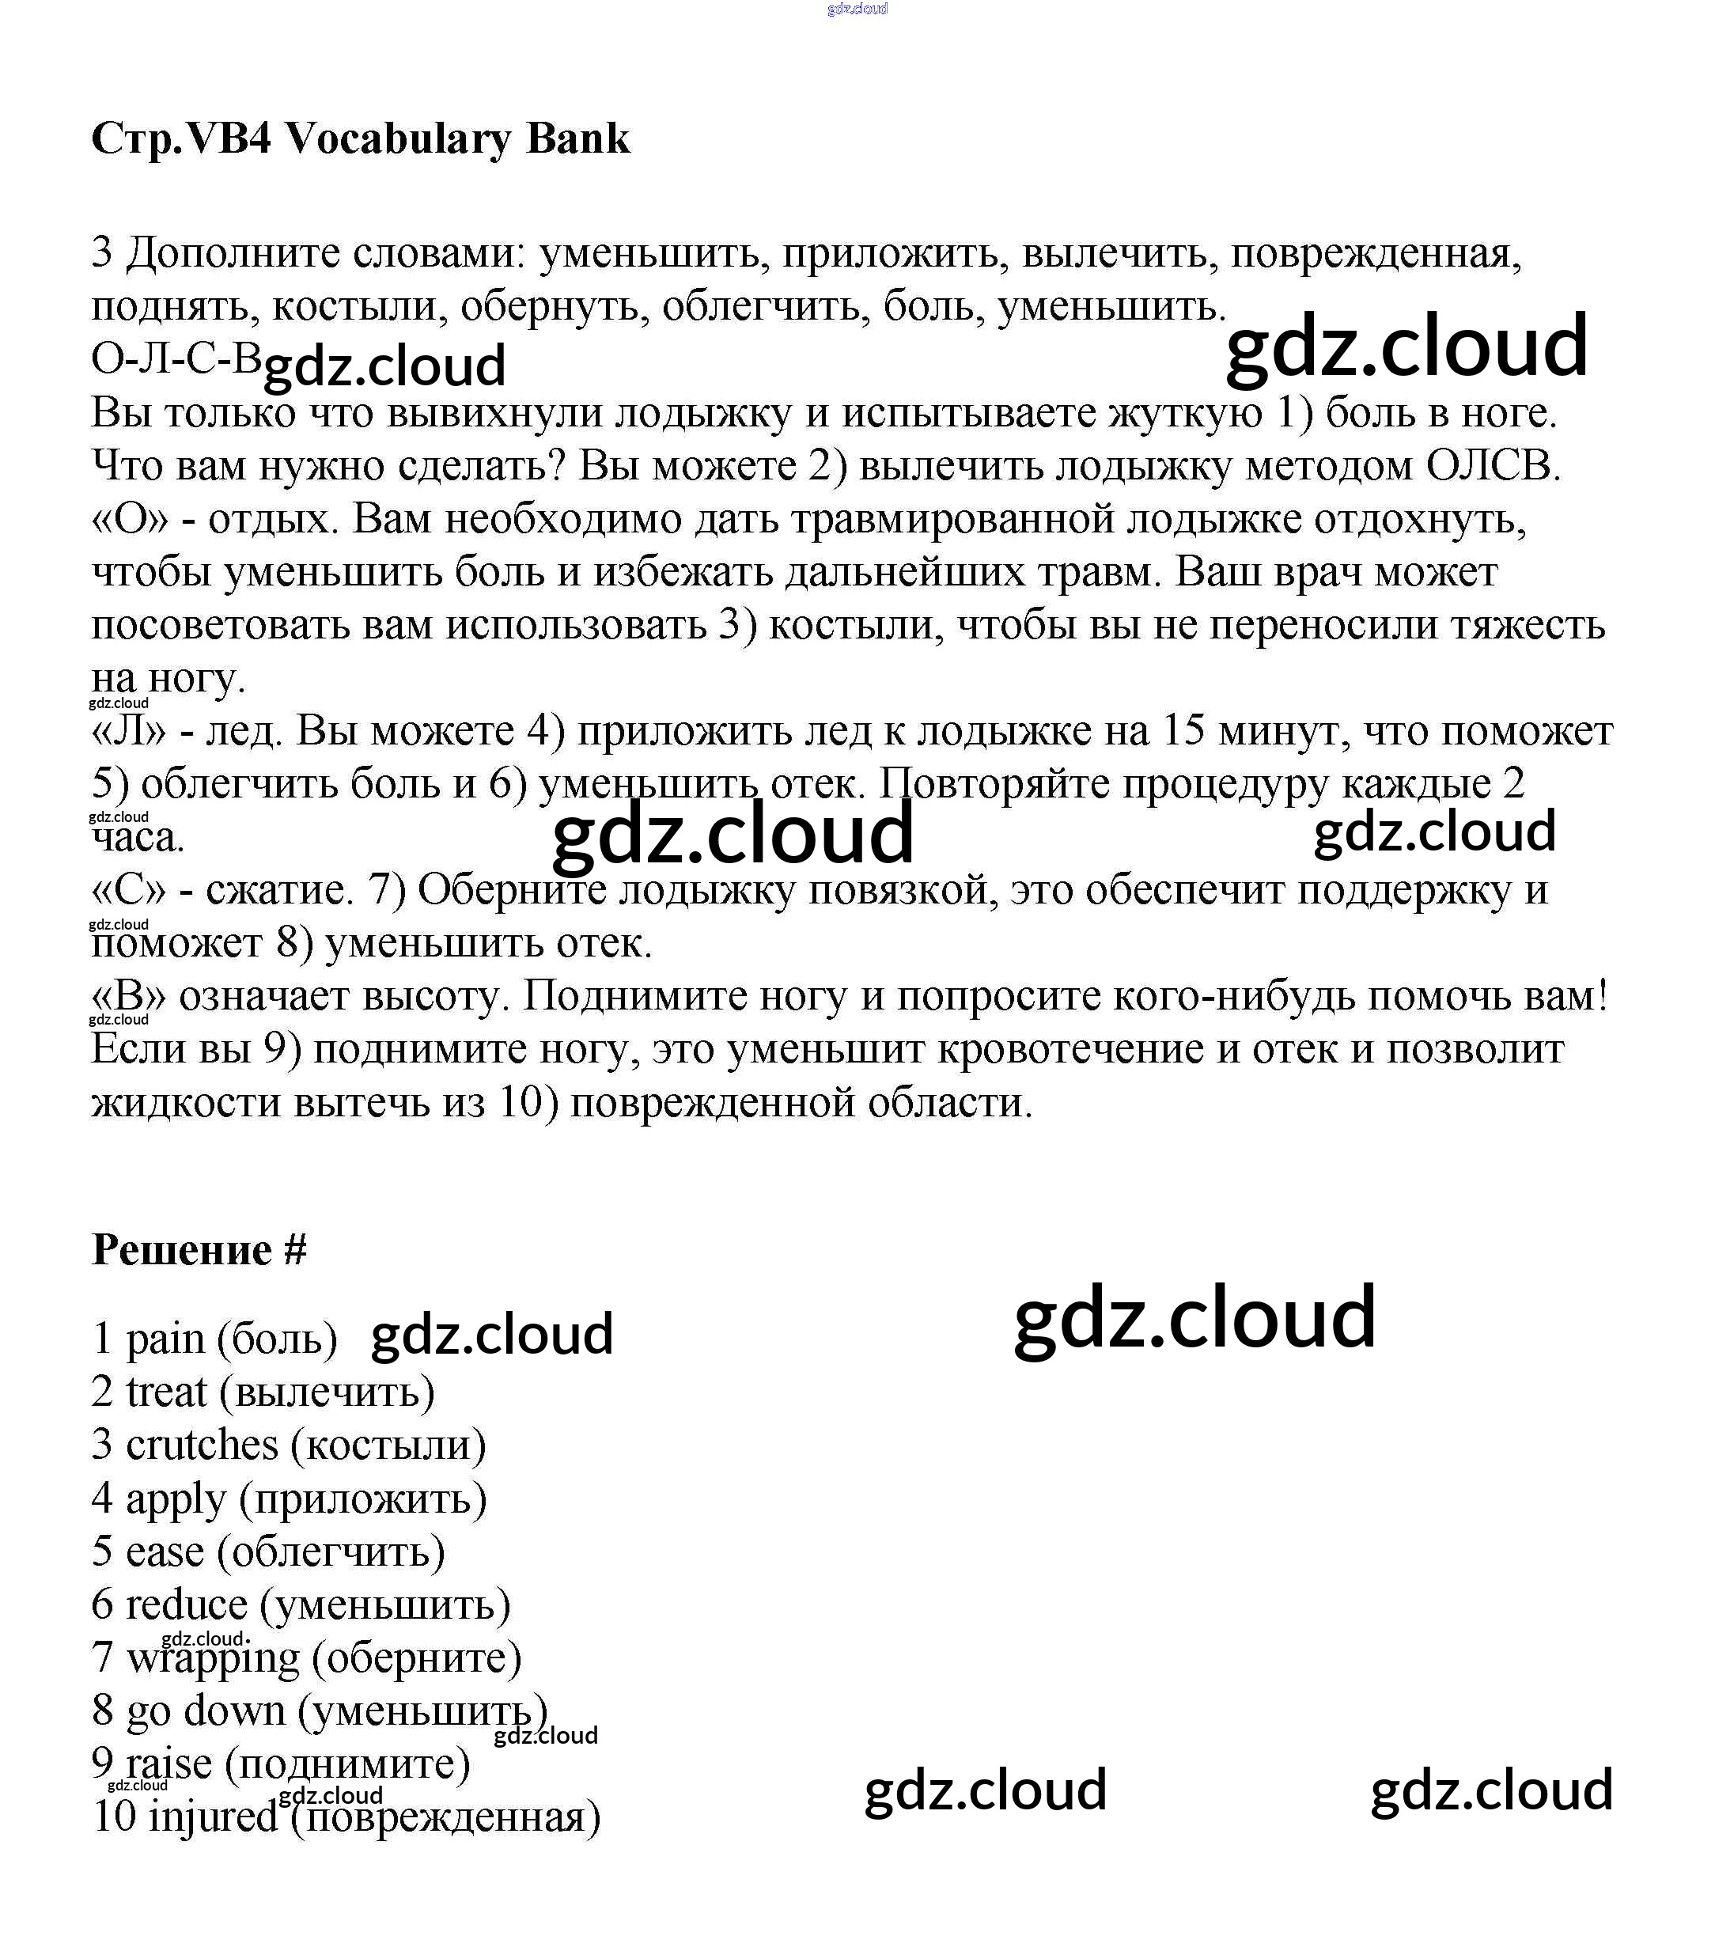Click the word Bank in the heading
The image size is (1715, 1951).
[577, 139]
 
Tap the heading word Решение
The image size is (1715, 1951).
[181, 1250]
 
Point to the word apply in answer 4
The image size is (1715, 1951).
[176, 1499]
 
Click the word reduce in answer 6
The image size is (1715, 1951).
[186, 1605]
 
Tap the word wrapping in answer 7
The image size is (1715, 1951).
[213, 1659]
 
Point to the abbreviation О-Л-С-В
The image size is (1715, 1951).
[176, 359]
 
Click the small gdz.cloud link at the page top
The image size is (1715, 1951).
[857, 9]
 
